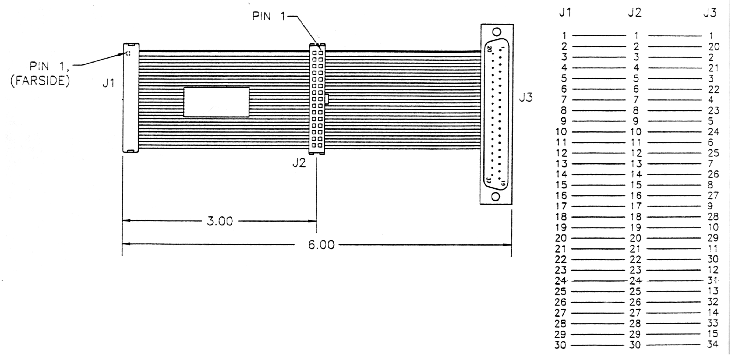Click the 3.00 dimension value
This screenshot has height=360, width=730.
coord(220,221)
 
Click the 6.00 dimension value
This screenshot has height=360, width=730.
coord(321,245)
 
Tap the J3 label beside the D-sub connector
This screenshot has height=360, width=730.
coord(526,97)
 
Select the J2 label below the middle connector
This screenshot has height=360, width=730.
coord(299,163)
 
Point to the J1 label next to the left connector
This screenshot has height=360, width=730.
coord(108,83)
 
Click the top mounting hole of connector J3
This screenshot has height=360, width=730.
coord(497,32)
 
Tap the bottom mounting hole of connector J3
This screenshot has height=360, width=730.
coord(496,197)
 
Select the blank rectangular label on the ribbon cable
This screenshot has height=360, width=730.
coord(216,102)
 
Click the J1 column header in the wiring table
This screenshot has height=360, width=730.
coord(565,13)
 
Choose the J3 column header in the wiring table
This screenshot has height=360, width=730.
coord(710,13)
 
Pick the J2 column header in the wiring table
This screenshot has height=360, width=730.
coord(634,13)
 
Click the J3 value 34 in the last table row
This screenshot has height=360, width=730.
coord(713,344)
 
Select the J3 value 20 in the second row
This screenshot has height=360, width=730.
coord(714,46)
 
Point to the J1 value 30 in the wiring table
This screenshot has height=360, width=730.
coord(561,345)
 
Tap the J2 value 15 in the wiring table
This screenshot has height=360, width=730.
coord(636,185)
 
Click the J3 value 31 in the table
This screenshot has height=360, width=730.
coord(713,280)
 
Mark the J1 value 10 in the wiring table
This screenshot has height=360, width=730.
coord(561,132)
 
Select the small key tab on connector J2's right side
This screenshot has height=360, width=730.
coord(327,99)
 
